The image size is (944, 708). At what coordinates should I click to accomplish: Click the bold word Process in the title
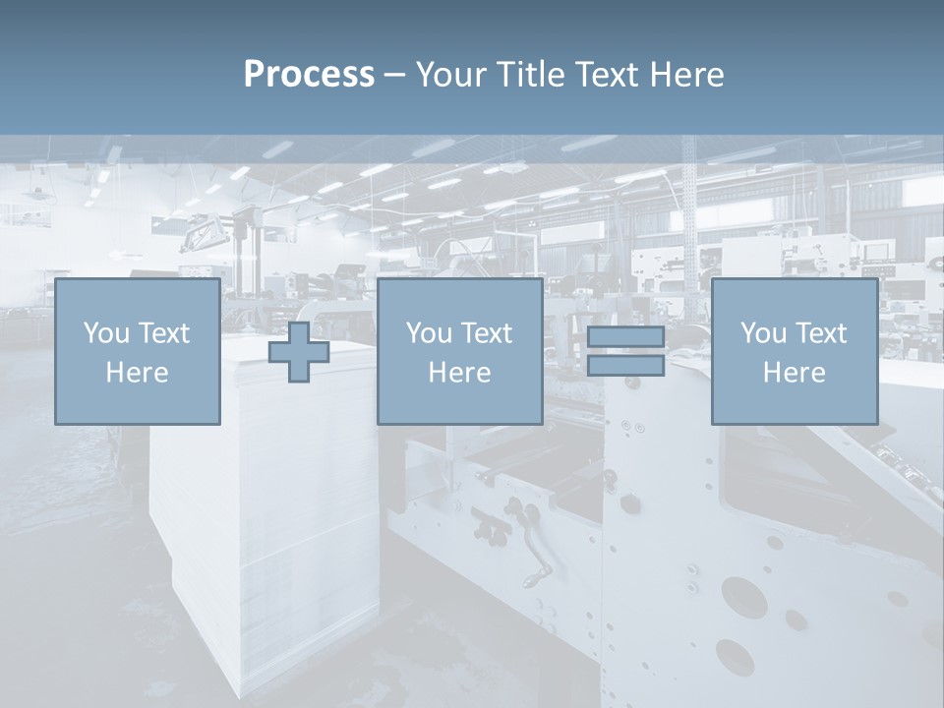pos(309,75)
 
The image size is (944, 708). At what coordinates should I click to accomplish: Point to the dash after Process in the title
pos(395,76)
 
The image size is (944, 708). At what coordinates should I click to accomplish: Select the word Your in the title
pos(452,75)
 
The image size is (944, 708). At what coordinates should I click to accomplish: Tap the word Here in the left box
pos(137,373)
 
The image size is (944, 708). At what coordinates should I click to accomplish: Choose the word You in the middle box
pos(428,333)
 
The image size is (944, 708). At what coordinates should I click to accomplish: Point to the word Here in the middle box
pos(459,373)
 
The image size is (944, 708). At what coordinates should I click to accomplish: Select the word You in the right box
pos(762,333)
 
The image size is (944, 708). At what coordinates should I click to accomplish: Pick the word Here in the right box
pos(794,373)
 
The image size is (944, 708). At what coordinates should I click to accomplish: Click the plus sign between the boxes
pos(299,352)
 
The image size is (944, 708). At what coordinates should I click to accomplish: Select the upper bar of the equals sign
pos(625,337)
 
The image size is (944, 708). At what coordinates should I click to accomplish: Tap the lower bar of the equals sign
pos(625,366)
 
